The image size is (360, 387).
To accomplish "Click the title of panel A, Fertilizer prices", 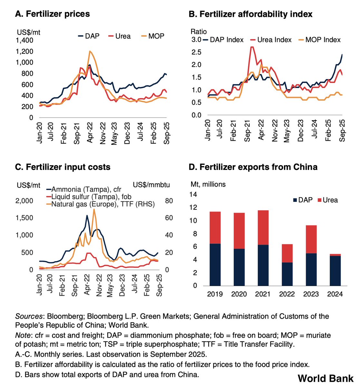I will [53, 14].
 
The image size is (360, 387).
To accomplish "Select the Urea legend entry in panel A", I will [119, 36].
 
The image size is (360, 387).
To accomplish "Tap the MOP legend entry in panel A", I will [152, 36].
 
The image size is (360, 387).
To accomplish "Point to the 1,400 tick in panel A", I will [24, 40].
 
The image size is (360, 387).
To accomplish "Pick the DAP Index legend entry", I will [223, 40].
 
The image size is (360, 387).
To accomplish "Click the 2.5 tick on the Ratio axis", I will [196, 52].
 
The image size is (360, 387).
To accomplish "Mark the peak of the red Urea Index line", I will [252, 47].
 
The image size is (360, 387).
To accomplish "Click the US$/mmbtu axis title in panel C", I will [151, 185].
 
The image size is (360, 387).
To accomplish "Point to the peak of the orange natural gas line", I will [94, 209].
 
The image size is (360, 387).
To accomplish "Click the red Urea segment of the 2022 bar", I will [287, 253].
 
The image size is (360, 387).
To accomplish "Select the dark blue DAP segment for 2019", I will [215, 264].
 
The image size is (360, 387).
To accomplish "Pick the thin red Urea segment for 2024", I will [335, 255].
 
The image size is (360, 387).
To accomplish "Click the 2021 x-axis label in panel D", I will [263, 294].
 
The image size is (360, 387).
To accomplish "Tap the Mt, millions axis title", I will [208, 184].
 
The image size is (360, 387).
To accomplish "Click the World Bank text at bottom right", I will [325, 378].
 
